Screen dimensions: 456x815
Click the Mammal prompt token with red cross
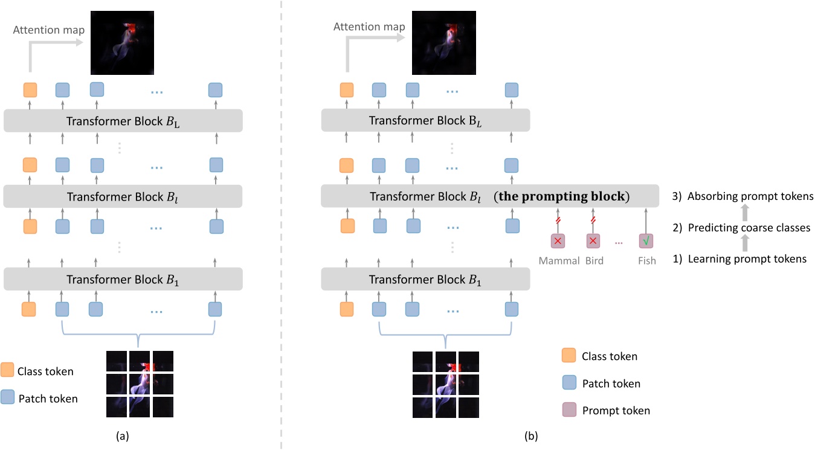pyautogui.click(x=557, y=241)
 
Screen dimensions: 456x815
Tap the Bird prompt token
pyautogui.click(x=593, y=241)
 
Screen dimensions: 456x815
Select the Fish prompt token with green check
pyautogui.click(x=646, y=241)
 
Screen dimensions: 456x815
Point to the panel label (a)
pyautogui.click(x=121, y=435)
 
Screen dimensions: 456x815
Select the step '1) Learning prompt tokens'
pyautogui.click(x=740, y=259)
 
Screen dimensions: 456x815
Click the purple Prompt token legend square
pyautogui.click(x=569, y=410)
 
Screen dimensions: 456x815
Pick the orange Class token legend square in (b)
pyautogui.click(x=569, y=356)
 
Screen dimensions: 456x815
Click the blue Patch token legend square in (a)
pyautogui.click(x=8, y=397)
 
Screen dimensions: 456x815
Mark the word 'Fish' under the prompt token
pyautogui.click(x=646, y=261)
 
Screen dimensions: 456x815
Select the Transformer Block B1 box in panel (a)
pyautogui.click(x=123, y=279)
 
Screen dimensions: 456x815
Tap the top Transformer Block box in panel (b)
pyautogui.click(x=425, y=121)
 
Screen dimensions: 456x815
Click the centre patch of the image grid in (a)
pyautogui.click(x=140, y=384)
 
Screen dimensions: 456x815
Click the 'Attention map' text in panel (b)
pyautogui.click(x=369, y=27)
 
